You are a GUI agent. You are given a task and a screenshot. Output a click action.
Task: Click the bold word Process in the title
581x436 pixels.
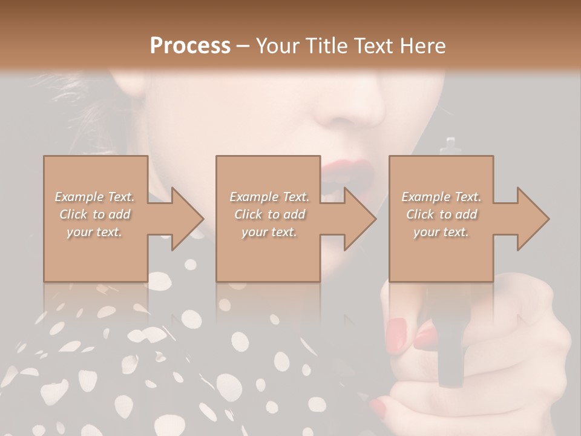click(190, 45)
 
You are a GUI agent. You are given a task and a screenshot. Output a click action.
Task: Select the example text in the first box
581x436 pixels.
click(94, 214)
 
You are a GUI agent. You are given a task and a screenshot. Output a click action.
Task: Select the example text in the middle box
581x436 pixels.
click(269, 214)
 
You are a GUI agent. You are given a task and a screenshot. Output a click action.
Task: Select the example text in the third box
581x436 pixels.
click(441, 214)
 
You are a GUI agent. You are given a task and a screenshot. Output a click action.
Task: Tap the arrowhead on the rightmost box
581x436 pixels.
click(532, 219)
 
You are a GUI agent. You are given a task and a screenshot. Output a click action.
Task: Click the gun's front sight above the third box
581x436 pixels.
click(448, 145)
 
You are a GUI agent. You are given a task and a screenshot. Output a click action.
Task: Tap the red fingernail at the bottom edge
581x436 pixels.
click(378, 405)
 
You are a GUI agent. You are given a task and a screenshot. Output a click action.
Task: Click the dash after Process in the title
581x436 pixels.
click(243, 46)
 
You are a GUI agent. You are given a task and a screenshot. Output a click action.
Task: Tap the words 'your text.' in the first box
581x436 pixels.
click(94, 232)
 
